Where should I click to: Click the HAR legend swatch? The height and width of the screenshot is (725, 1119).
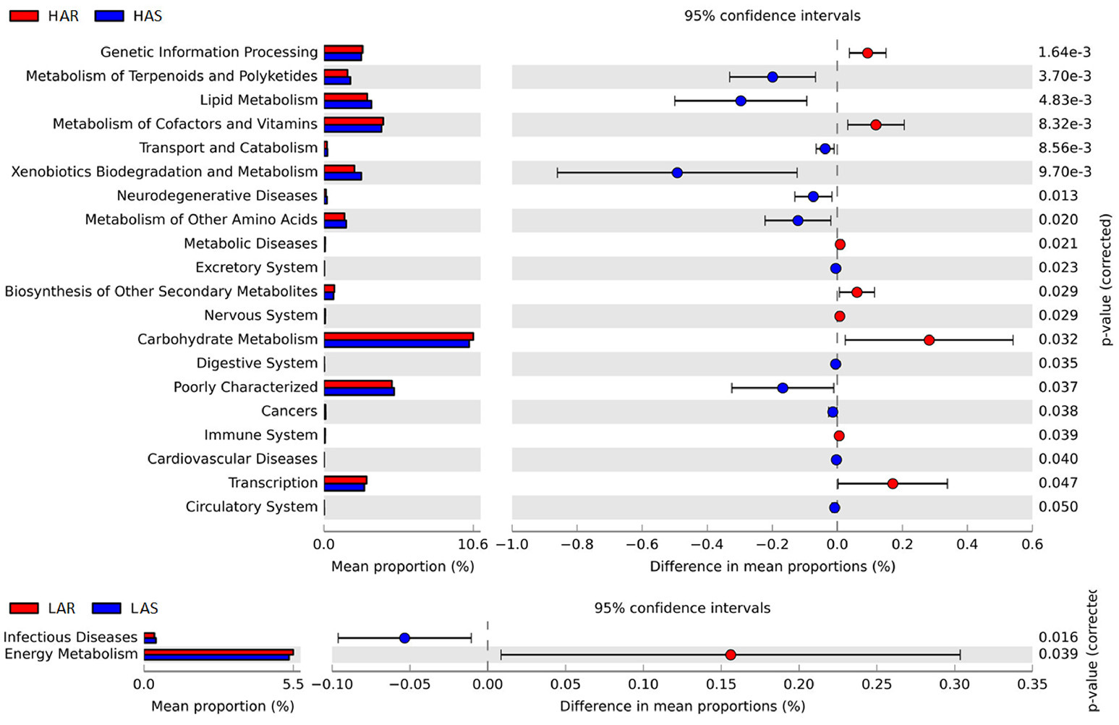(x=24, y=16)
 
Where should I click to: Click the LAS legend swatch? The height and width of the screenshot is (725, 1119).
(x=106, y=609)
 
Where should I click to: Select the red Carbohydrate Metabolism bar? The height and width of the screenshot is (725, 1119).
(x=398, y=336)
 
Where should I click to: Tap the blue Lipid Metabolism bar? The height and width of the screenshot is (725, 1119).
(x=347, y=104)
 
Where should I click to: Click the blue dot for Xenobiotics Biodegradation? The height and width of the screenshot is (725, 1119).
(x=677, y=173)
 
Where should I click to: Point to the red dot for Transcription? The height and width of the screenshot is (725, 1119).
(x=893, y=483)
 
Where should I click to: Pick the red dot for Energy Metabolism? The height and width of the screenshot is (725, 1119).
(x=731, y=655)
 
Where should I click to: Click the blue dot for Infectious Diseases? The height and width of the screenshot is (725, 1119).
(x=404, y=638)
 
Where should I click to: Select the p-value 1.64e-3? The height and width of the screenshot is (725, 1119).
(x=1064, y=52)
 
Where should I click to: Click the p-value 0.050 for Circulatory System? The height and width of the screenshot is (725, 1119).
(x=1058, y=506)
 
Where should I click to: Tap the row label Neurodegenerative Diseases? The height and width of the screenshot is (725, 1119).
(x=217, y=195)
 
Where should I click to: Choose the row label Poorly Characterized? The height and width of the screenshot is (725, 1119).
(x=245, y=387)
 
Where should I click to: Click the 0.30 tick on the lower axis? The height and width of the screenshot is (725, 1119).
(x=955, y=684)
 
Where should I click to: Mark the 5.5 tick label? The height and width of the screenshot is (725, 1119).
(x=292, y=684)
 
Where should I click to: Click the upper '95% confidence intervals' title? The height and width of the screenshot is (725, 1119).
(x=772, y=15)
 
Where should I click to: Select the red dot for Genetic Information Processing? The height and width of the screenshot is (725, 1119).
(x=867, y=53)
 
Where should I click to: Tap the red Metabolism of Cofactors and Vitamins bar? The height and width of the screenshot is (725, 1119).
(x=353, y=121)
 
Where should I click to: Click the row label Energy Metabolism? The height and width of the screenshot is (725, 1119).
(x=71, y=654)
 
